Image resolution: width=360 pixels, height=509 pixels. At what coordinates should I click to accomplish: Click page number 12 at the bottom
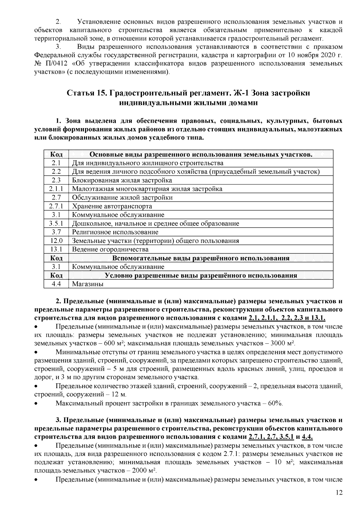coord(339,493)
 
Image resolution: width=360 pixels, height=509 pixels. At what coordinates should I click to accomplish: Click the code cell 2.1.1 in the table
coord(56,189)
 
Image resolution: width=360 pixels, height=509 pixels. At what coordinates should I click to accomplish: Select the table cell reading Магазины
coord(88,284)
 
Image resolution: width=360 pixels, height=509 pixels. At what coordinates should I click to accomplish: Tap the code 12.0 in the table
coord(56,241)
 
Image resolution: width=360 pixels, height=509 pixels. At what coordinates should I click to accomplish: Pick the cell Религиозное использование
coord(115,232)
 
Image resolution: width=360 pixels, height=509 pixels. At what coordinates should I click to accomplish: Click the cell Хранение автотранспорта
coord(112,206)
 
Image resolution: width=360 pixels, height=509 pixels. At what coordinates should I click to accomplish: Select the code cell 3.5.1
coord(56,223)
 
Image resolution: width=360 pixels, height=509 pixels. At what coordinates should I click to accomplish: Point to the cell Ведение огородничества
coord(110,250)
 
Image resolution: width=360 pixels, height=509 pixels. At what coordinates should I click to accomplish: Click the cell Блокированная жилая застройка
coord(122,180)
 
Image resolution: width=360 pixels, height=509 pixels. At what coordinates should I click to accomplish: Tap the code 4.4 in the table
coord(56,284)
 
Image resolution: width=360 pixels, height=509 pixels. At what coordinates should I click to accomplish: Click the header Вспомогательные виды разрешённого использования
coord(201,258)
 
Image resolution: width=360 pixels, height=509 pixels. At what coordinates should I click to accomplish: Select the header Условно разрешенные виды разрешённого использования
coord(201,276)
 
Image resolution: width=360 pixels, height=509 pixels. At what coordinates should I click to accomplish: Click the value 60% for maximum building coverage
coord(275,403)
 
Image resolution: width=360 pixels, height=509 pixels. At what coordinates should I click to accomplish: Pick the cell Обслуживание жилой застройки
coord(122,198)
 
